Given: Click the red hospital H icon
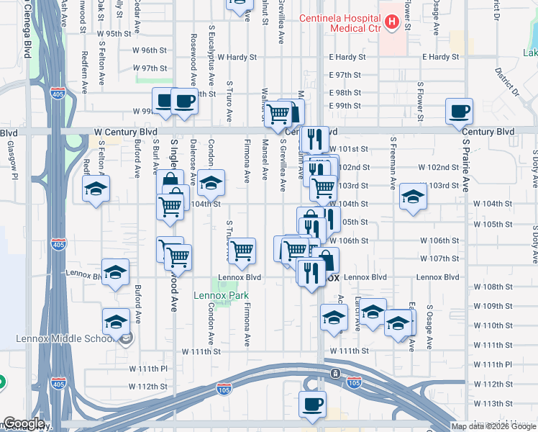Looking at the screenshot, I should pyautogui.click(x=391, y=22).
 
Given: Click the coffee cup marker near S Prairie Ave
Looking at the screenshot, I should pyautogui.click(x=459, y=112).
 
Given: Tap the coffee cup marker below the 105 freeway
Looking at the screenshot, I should pyautogui.click(x=312, y=405).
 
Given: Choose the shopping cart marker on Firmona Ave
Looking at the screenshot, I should pyautogui.click(x=243, y=251).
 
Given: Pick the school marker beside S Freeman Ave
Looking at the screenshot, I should pyautogui.click(x=413, y=197).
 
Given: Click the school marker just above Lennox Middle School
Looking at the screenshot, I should pyautogui.click(x=116, y=321).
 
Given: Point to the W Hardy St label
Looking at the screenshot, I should pyautogui.click(x=237, y=56).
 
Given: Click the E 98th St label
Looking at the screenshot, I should pyautogui.click(x=345, y=93).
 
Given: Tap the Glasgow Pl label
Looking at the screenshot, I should pyautogui.click(x=12, y=153).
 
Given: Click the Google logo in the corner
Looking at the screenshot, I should pyautogui.click(x=24, y=423).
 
